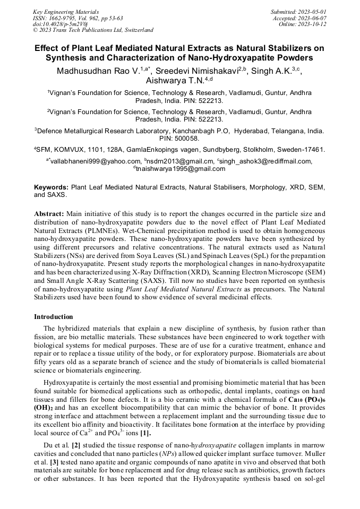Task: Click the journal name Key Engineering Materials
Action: (65, 11)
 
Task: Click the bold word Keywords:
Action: (52, 187)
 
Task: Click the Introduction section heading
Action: (53, 317)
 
